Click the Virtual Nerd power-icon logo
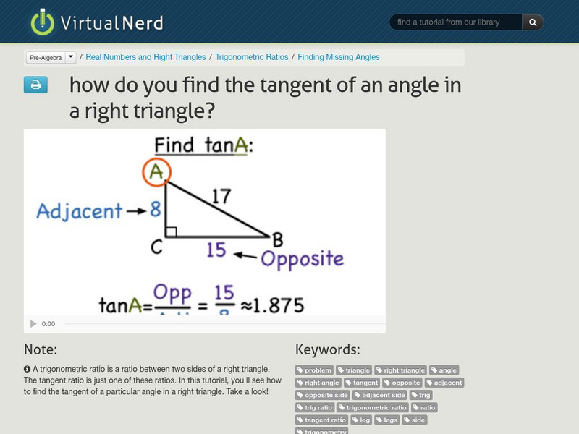(x=42, y=22)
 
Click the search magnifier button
(x=532, y=22)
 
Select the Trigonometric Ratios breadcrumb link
(x=251, y=57)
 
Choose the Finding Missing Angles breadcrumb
(x=338, y=57)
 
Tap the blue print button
(x=35, y=85)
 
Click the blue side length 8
(x=155, y=210)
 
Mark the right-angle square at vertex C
(x=171, y=232)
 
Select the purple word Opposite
(x=302, y=259)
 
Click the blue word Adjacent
(x=79, y=211)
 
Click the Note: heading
(x=41, y=349)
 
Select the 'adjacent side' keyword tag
(x=380, y=395)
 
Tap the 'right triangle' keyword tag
(x=401, y=370)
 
